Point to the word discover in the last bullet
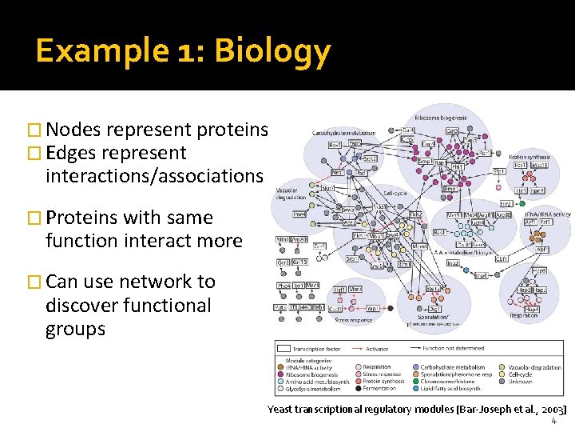click(x=80, y=306)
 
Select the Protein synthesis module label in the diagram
click(x=529, y=157)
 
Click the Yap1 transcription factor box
click(x=372, y=307)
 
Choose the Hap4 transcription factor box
click(x=532, y=309)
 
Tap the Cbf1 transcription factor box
click(x=502, y=259)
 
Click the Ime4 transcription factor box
click(x=299, y=214)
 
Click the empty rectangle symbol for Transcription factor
click(x=283, y=349)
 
